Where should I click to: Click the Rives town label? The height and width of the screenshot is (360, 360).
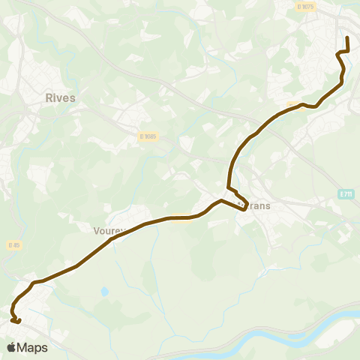[x=60, y=97]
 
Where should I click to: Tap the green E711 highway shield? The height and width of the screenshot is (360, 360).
[x=345, y=194]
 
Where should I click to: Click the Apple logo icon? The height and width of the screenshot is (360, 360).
[x=12, y=347]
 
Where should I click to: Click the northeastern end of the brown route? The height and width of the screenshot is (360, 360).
[x=347, y=37]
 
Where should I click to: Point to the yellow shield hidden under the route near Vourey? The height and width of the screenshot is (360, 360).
[x=178, y=217]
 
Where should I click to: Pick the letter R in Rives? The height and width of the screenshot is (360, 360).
[x=49, y=97]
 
